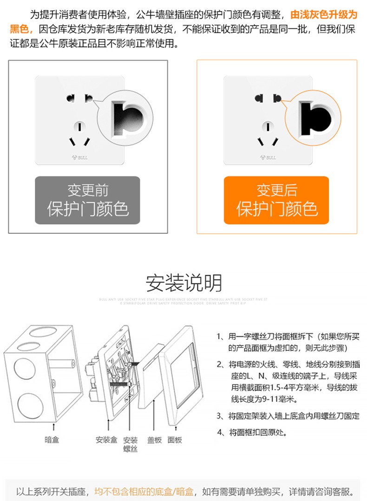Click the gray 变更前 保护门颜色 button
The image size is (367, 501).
[x=88, y=200]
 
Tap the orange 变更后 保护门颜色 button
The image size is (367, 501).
[x=276, y=200]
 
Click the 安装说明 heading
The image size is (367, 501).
[x=184, y=283]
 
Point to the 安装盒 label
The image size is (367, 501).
[x=106, y=440]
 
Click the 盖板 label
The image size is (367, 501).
[x=154, y=440]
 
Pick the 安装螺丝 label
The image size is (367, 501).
[x=131, y=444]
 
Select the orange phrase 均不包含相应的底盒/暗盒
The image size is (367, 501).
[x=144, y=491]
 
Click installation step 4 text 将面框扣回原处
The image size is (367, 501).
[x=258, y=433]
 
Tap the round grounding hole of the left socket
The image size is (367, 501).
[x=80, y=126]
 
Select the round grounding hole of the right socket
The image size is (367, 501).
[x=268, y=126]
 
